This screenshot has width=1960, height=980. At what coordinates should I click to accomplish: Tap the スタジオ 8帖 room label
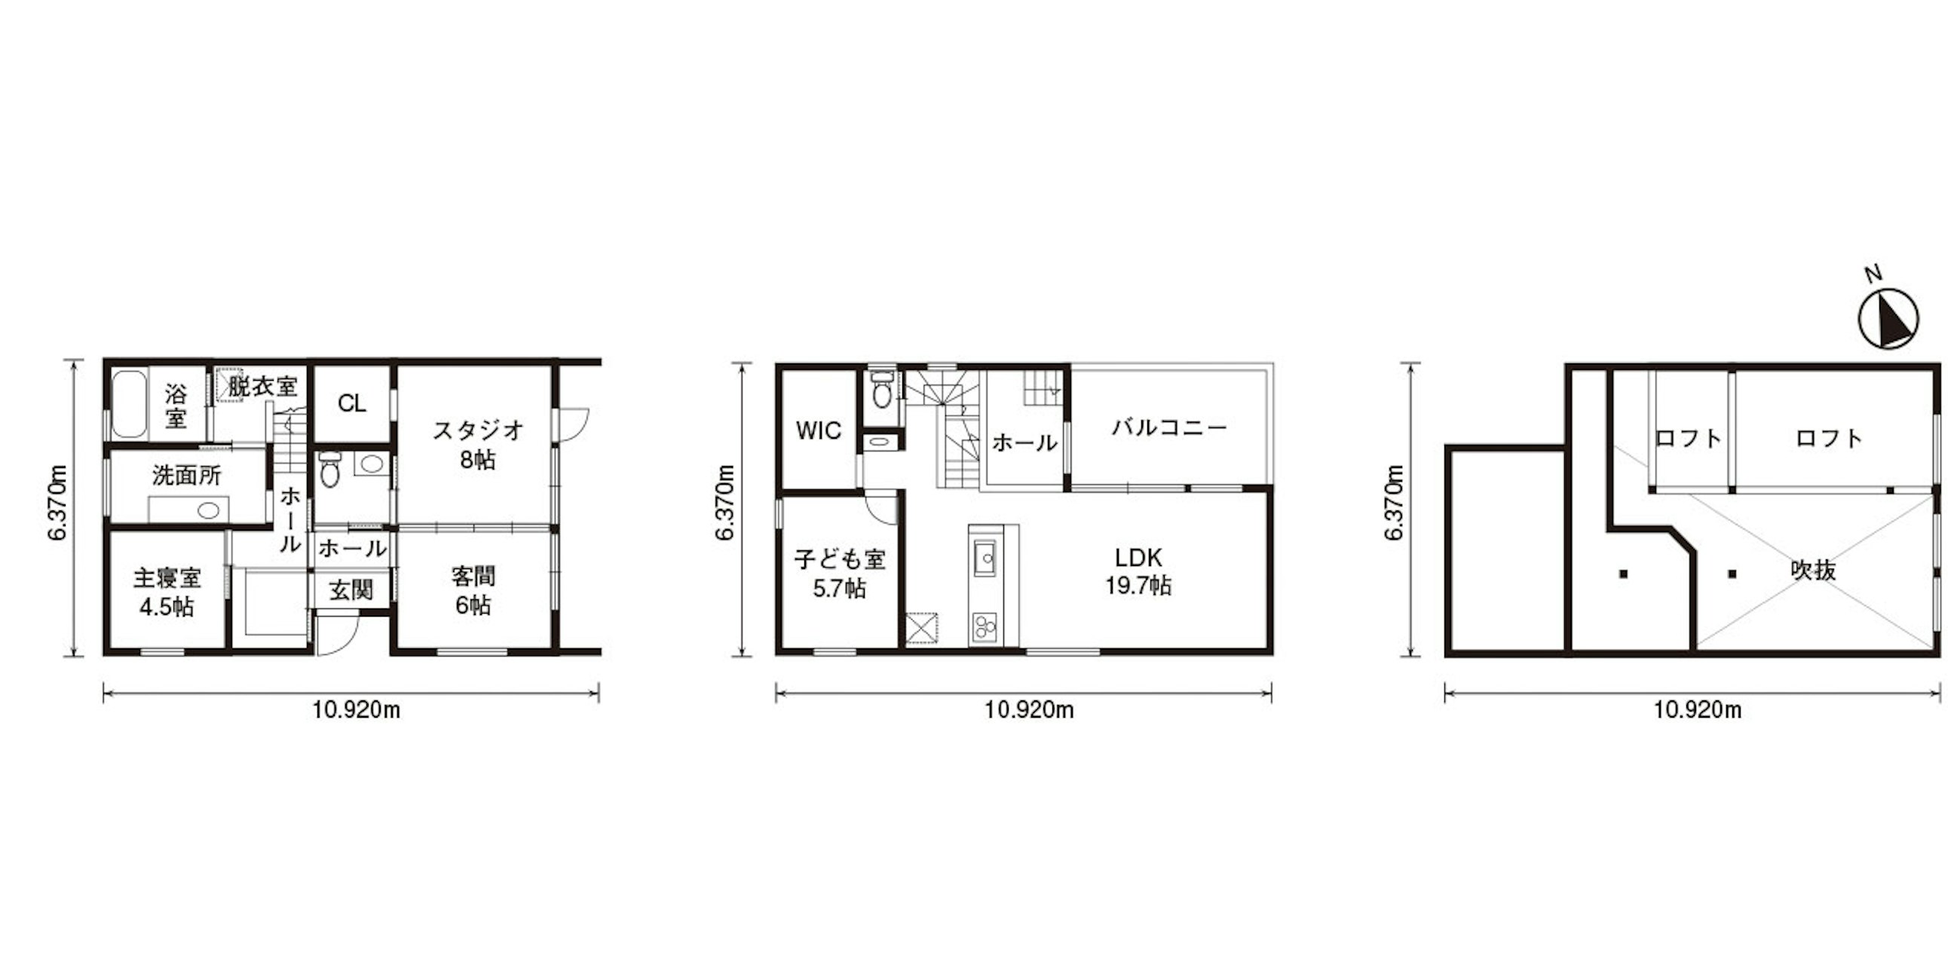coord(478,444)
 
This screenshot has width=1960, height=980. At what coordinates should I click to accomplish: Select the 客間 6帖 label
coord(473,590)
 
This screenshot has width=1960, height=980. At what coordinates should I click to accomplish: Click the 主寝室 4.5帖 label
coord(167,592)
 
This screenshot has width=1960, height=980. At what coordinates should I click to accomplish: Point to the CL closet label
coord(351,403)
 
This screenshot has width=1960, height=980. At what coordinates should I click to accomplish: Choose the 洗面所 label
coord(186,476)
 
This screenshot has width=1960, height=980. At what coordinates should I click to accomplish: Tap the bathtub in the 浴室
coord(129,404)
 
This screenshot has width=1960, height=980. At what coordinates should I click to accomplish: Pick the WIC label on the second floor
coord(819,430)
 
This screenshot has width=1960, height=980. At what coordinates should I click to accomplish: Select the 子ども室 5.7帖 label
coord(839,574)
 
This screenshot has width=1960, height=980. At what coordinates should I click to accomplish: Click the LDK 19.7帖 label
coord(1138,571)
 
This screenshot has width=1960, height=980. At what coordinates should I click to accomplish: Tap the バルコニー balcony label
coord(1169,427)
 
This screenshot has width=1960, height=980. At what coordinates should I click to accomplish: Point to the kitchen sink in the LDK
coord(985,560)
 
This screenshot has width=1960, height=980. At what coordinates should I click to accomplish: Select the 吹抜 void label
coord(1814,570)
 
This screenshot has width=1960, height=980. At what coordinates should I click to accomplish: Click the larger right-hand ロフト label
coord(1829,437)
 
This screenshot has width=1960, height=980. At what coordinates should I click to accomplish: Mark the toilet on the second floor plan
coord(882,390)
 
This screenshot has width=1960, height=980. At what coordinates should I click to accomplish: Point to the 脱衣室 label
coord(262,386)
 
